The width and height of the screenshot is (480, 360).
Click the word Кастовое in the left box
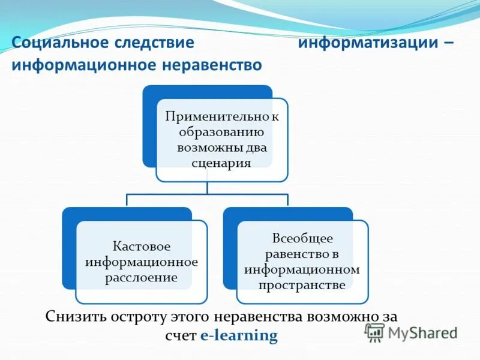tap(142, 247)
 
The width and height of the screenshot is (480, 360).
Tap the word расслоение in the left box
tap(142, 278)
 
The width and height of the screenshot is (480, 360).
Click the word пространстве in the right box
tap(302, 285)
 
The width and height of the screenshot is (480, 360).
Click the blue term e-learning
tap(239, 336)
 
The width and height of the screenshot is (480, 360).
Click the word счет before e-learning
tap(181, 336)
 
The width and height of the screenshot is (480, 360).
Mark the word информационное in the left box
tap(142, 262)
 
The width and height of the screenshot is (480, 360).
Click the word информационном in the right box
tap(302, 269)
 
